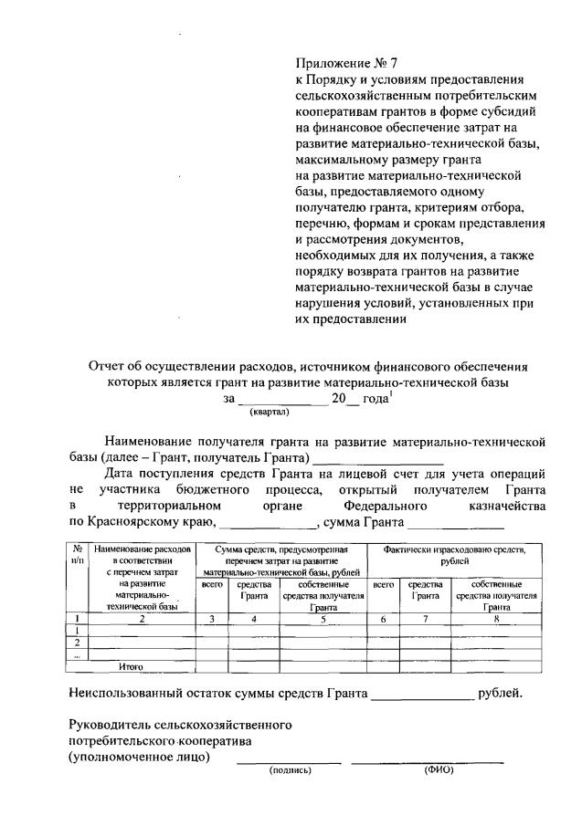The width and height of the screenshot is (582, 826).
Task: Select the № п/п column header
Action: [x=79, y=556]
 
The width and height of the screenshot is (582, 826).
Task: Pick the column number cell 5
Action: [x=323, y=618]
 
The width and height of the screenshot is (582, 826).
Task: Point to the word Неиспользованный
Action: [x=129, y=694]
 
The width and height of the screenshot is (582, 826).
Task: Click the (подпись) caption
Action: [x=290, y=770]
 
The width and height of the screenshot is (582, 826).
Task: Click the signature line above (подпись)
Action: [x=289, y=761]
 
